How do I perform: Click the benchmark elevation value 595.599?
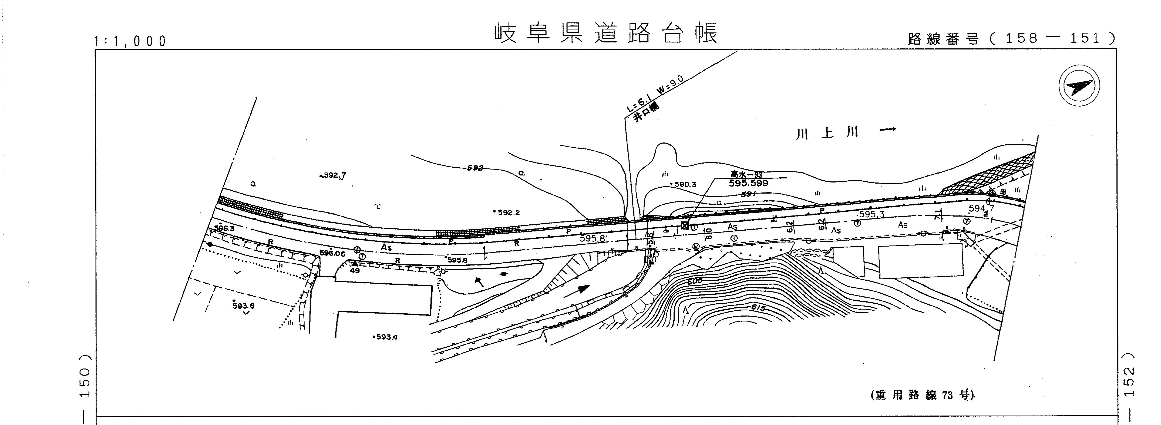point(748,183)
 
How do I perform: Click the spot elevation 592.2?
point(508,212)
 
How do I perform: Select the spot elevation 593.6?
point(243,306)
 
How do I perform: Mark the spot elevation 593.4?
point(386,337)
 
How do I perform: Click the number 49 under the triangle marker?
point(355,271)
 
